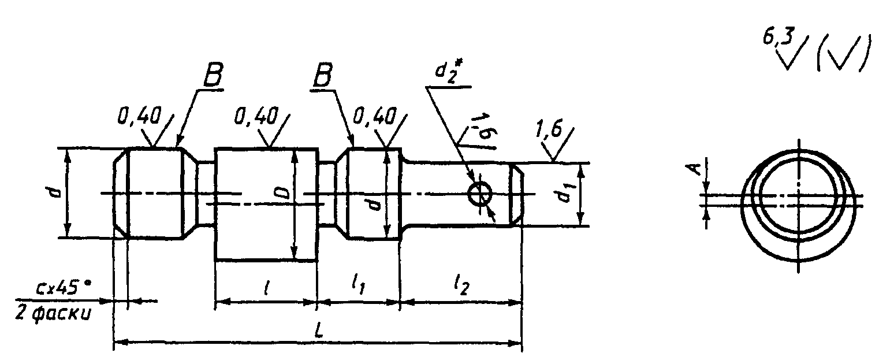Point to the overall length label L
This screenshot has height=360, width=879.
(319, 331)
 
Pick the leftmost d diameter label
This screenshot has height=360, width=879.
(57, 192)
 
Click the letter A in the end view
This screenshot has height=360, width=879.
(695, 169)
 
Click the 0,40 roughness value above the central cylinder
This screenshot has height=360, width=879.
(255, 116)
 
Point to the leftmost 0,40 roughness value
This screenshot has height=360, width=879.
(139, 116)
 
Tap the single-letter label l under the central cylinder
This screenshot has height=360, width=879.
(266, 290)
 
